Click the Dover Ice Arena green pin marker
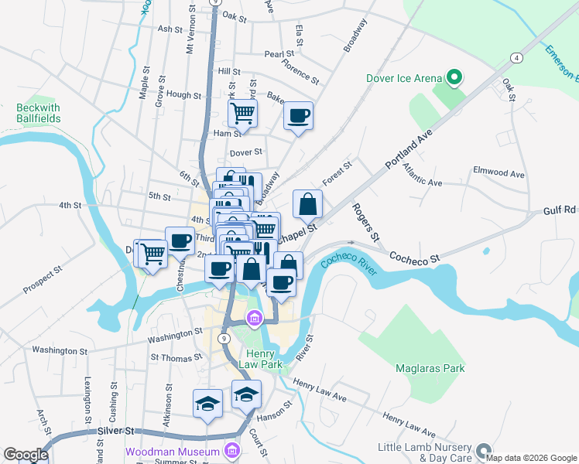click(454, 77)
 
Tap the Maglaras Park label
click(430, 368)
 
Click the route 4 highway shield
click(515, 58)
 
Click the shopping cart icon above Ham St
click(243, 114)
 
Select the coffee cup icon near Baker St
click(298, 116)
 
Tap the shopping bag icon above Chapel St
click(308, 204)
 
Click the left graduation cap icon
click(207, 404)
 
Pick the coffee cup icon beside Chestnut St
click(180, 241)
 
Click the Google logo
click(26, 454)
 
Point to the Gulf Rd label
click(560, 210)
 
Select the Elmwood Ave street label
click(499, 174)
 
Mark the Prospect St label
click(42, 281)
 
